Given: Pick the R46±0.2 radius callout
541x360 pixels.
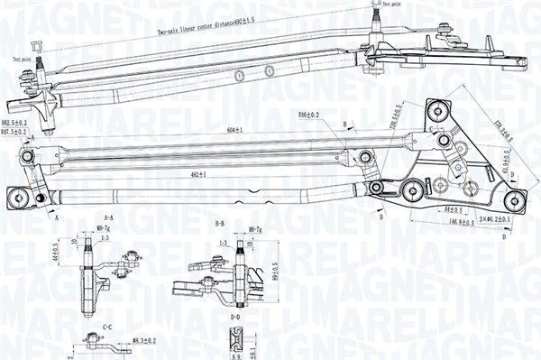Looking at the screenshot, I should coord(309,116).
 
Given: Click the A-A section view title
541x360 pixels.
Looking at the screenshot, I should coord(108,218).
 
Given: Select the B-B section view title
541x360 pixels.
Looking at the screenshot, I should coord(219,222).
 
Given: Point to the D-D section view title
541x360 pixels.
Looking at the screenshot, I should coord(236,317).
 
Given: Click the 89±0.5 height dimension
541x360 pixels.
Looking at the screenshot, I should coord(276,268).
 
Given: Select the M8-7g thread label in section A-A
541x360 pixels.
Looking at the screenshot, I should coord(105,229).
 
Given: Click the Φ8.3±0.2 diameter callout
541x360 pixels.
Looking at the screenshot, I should coord(144,341).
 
